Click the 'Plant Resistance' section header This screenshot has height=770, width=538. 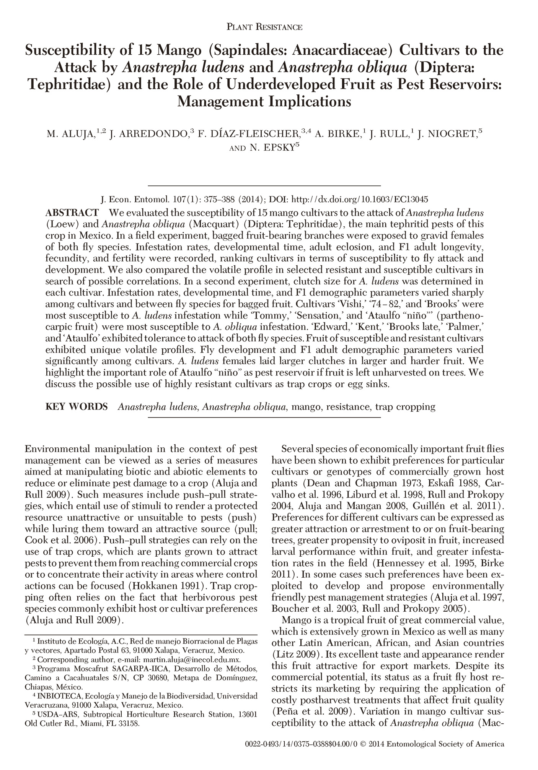click(265, 27)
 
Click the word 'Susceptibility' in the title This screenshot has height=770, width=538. click(86, 51)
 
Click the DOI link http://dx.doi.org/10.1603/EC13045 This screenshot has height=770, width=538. click(360, 199)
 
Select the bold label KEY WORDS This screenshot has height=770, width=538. click(77, 406)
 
